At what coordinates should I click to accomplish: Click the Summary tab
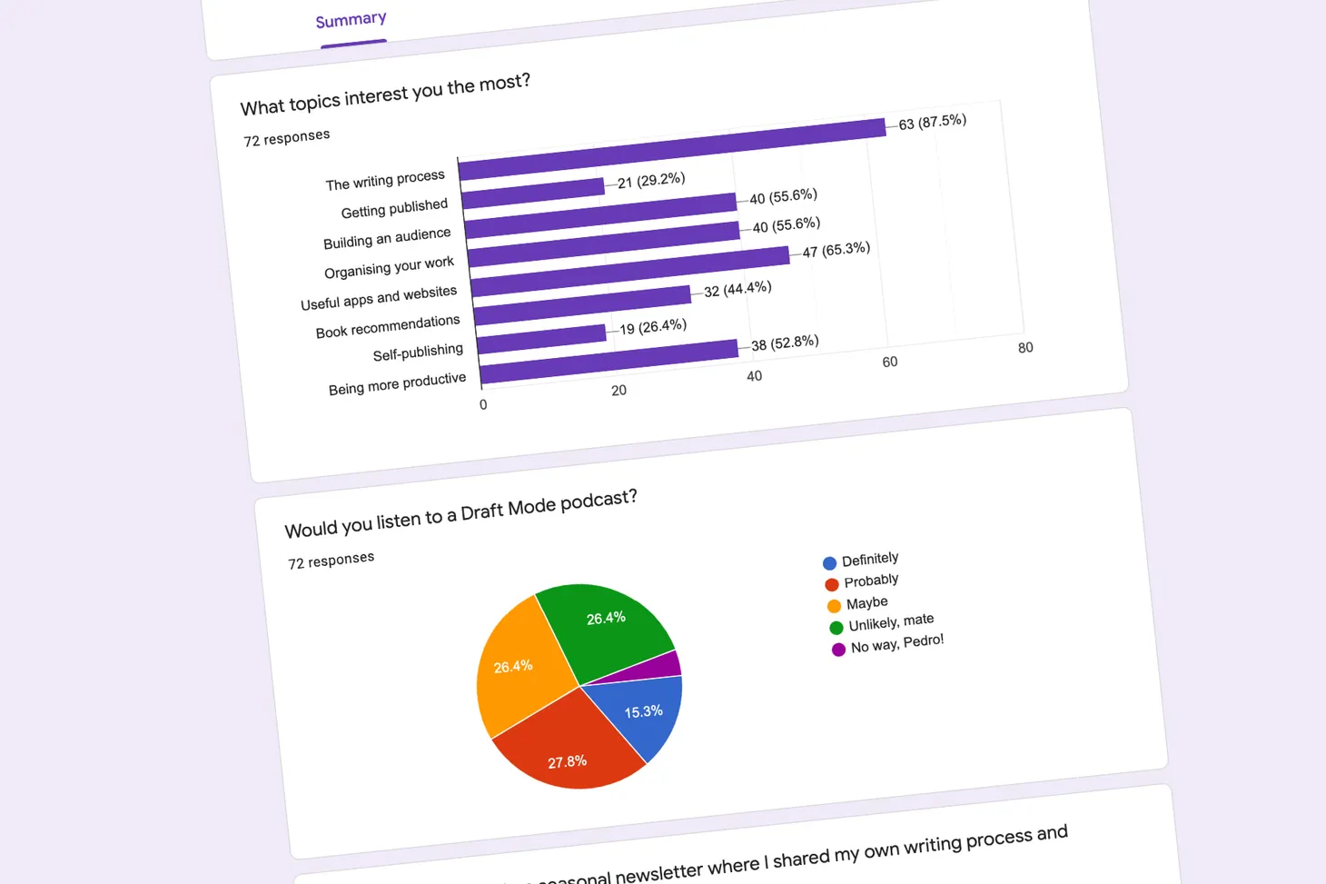coord(351,20)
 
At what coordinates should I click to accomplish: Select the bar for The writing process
coord(672,149)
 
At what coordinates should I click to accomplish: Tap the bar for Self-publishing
coord(542,338)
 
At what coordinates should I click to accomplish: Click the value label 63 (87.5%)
coord(932,122)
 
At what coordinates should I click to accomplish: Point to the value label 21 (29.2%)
coord(651,181)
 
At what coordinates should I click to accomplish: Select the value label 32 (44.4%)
coord(737,289)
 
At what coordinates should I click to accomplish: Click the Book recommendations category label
coord(388,326)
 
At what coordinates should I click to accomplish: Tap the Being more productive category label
coord(397,383)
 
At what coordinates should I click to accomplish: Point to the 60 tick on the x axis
coord(890,362)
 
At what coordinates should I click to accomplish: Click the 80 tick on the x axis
coord(1025,348)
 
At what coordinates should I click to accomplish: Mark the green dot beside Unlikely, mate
coord(836,628)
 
